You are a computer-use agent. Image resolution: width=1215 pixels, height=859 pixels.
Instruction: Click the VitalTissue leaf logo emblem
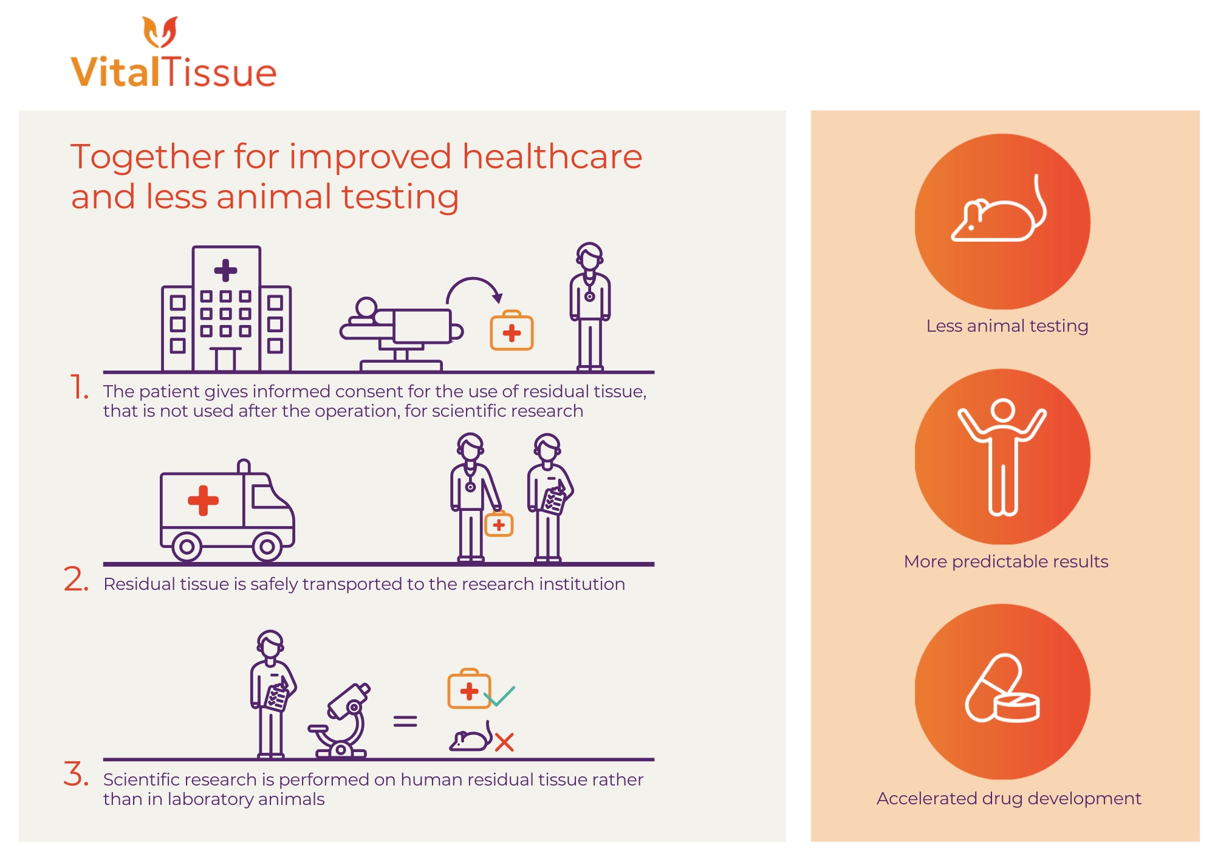pos(160,32)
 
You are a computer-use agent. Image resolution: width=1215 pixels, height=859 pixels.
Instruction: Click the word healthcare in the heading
pos(552,156)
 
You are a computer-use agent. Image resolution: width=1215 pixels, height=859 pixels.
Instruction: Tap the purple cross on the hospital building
pos(225,270)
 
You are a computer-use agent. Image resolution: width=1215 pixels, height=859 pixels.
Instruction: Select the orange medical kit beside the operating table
pos(512,330)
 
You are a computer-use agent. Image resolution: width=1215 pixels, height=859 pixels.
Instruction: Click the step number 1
pos(80,387)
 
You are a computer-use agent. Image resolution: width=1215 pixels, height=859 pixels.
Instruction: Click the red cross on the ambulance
pos(203,500)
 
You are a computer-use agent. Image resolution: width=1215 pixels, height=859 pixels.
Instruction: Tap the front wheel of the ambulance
pos(267,547)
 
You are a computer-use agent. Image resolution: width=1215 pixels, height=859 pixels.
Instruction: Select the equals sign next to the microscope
pos(405,721)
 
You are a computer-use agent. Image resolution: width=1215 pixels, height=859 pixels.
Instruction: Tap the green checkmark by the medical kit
pos(500,696)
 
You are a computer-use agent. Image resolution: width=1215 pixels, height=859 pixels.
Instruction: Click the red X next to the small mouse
pos(504,742)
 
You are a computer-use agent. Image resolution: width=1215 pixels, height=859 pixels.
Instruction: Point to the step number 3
pos(77,773)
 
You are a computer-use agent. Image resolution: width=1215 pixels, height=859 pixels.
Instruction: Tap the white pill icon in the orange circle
pos(1002,688)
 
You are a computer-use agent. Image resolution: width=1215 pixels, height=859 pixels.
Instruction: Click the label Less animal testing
pos(1007,326)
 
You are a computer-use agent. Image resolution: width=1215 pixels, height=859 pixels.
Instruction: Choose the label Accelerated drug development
pos(1009,798)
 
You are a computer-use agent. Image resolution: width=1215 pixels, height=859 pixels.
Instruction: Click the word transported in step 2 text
pos(353,584)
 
